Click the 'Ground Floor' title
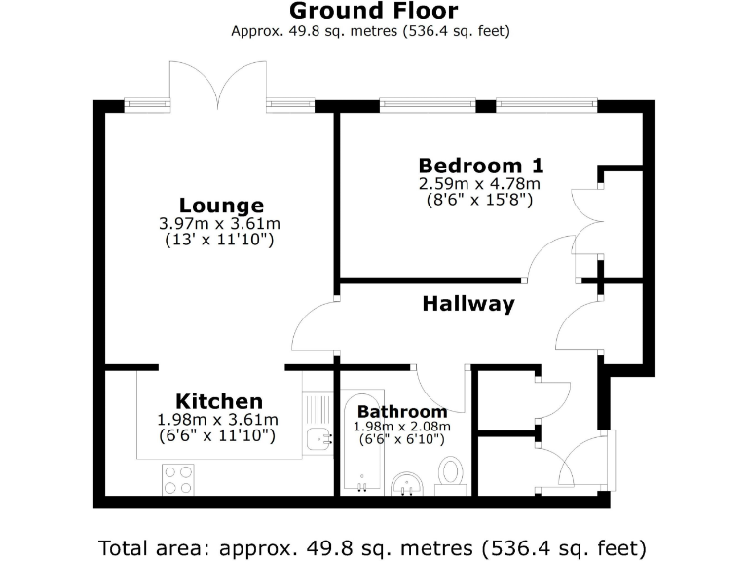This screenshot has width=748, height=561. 373,12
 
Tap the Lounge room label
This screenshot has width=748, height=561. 221,206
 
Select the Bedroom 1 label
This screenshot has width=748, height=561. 480,165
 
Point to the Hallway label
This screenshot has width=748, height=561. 467,304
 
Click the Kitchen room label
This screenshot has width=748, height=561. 218,401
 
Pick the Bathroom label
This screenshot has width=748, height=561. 402,412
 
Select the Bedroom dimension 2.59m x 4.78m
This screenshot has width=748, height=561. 479,183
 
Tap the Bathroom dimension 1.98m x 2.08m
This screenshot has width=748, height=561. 402,426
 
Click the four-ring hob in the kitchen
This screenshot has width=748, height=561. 177,479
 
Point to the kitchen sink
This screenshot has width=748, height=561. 318,439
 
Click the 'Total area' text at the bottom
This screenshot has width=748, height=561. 373,545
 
